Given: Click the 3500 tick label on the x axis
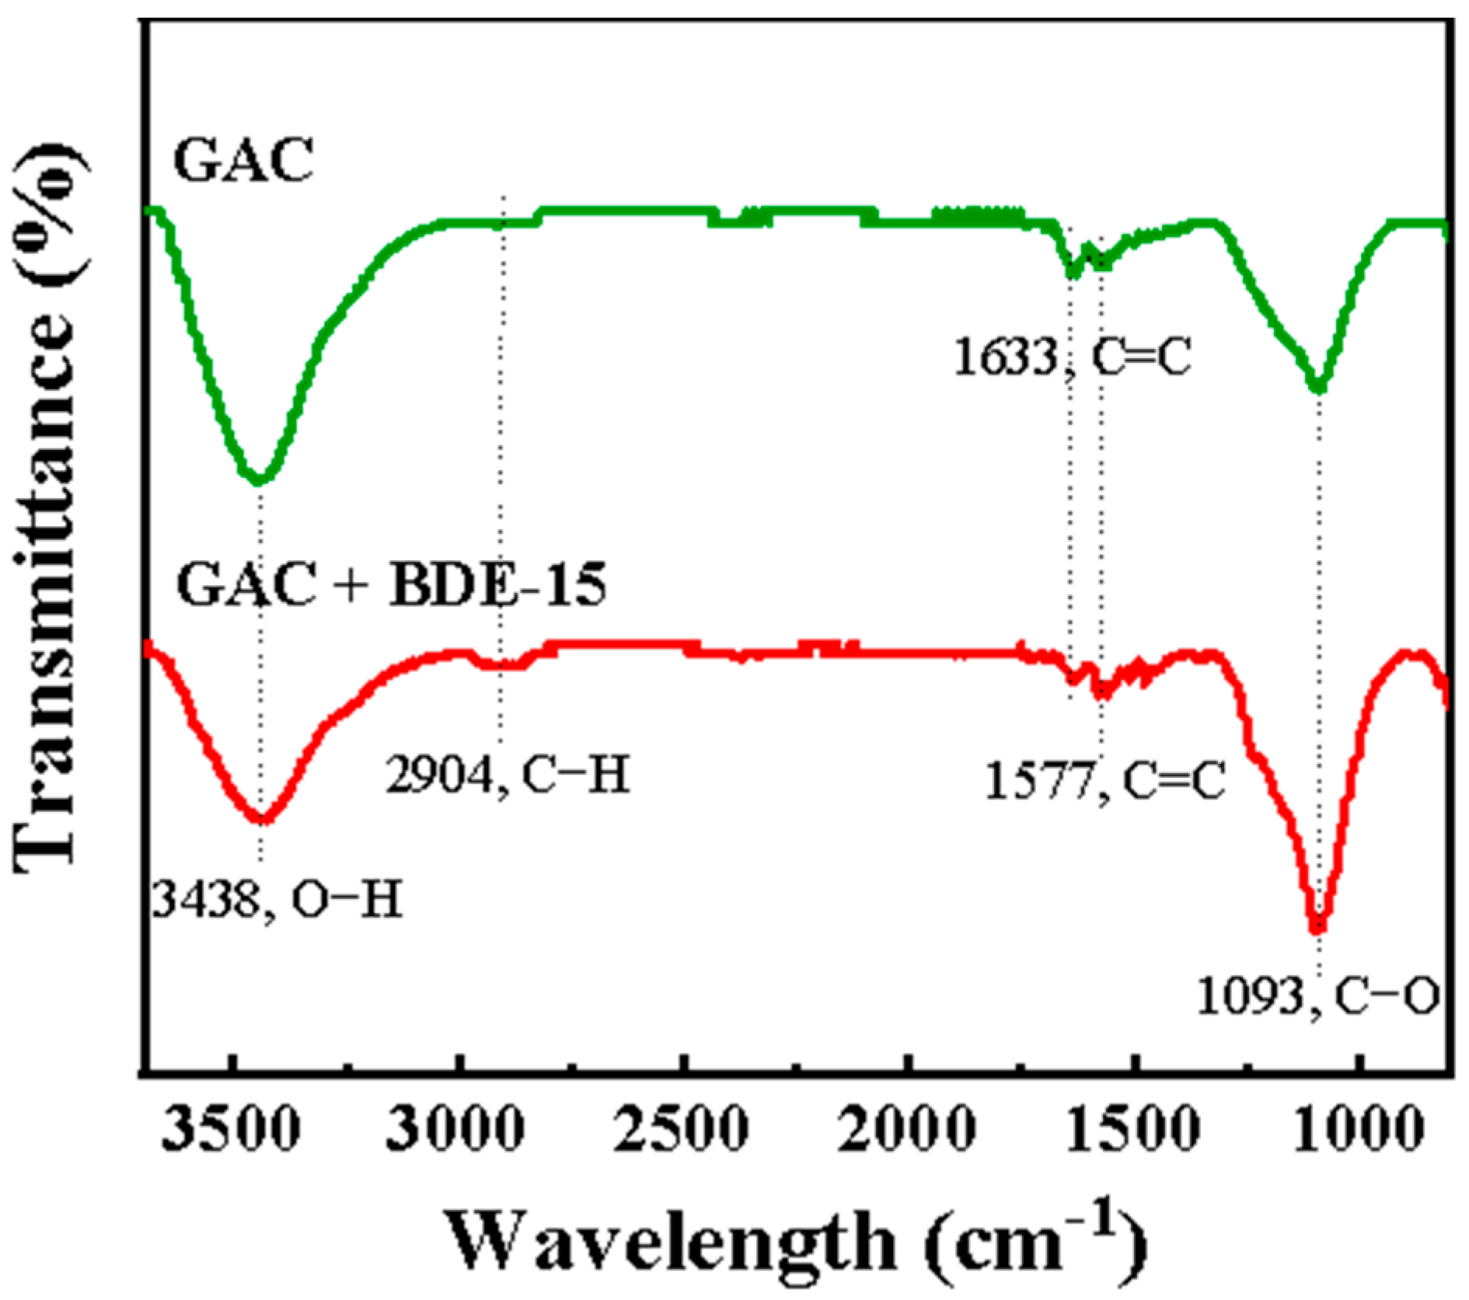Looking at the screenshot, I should tap(230, 1130).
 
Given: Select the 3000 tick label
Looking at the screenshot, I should tap(455, 1130).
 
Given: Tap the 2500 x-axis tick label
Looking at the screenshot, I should tap(681, 1130).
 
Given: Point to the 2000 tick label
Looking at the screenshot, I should tap(907, 1130).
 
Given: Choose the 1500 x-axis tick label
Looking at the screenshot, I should tap(1132, 1130).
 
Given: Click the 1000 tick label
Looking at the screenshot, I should tap(1359, 1130).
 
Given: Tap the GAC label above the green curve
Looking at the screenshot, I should tap(243, 160).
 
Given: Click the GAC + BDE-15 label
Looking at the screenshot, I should tap(391, 584).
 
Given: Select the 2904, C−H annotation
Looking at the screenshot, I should tap(507, 775).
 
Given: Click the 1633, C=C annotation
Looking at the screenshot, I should tap(1072, 358).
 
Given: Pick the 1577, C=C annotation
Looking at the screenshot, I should tap(1104, 781).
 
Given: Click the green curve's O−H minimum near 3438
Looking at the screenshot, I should tap(259, 479).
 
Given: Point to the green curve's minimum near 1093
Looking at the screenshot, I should tap(1317, 386).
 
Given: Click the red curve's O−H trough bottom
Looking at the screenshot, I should tap(262, 817).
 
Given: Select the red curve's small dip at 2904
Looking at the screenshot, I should tap(501, 664).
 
